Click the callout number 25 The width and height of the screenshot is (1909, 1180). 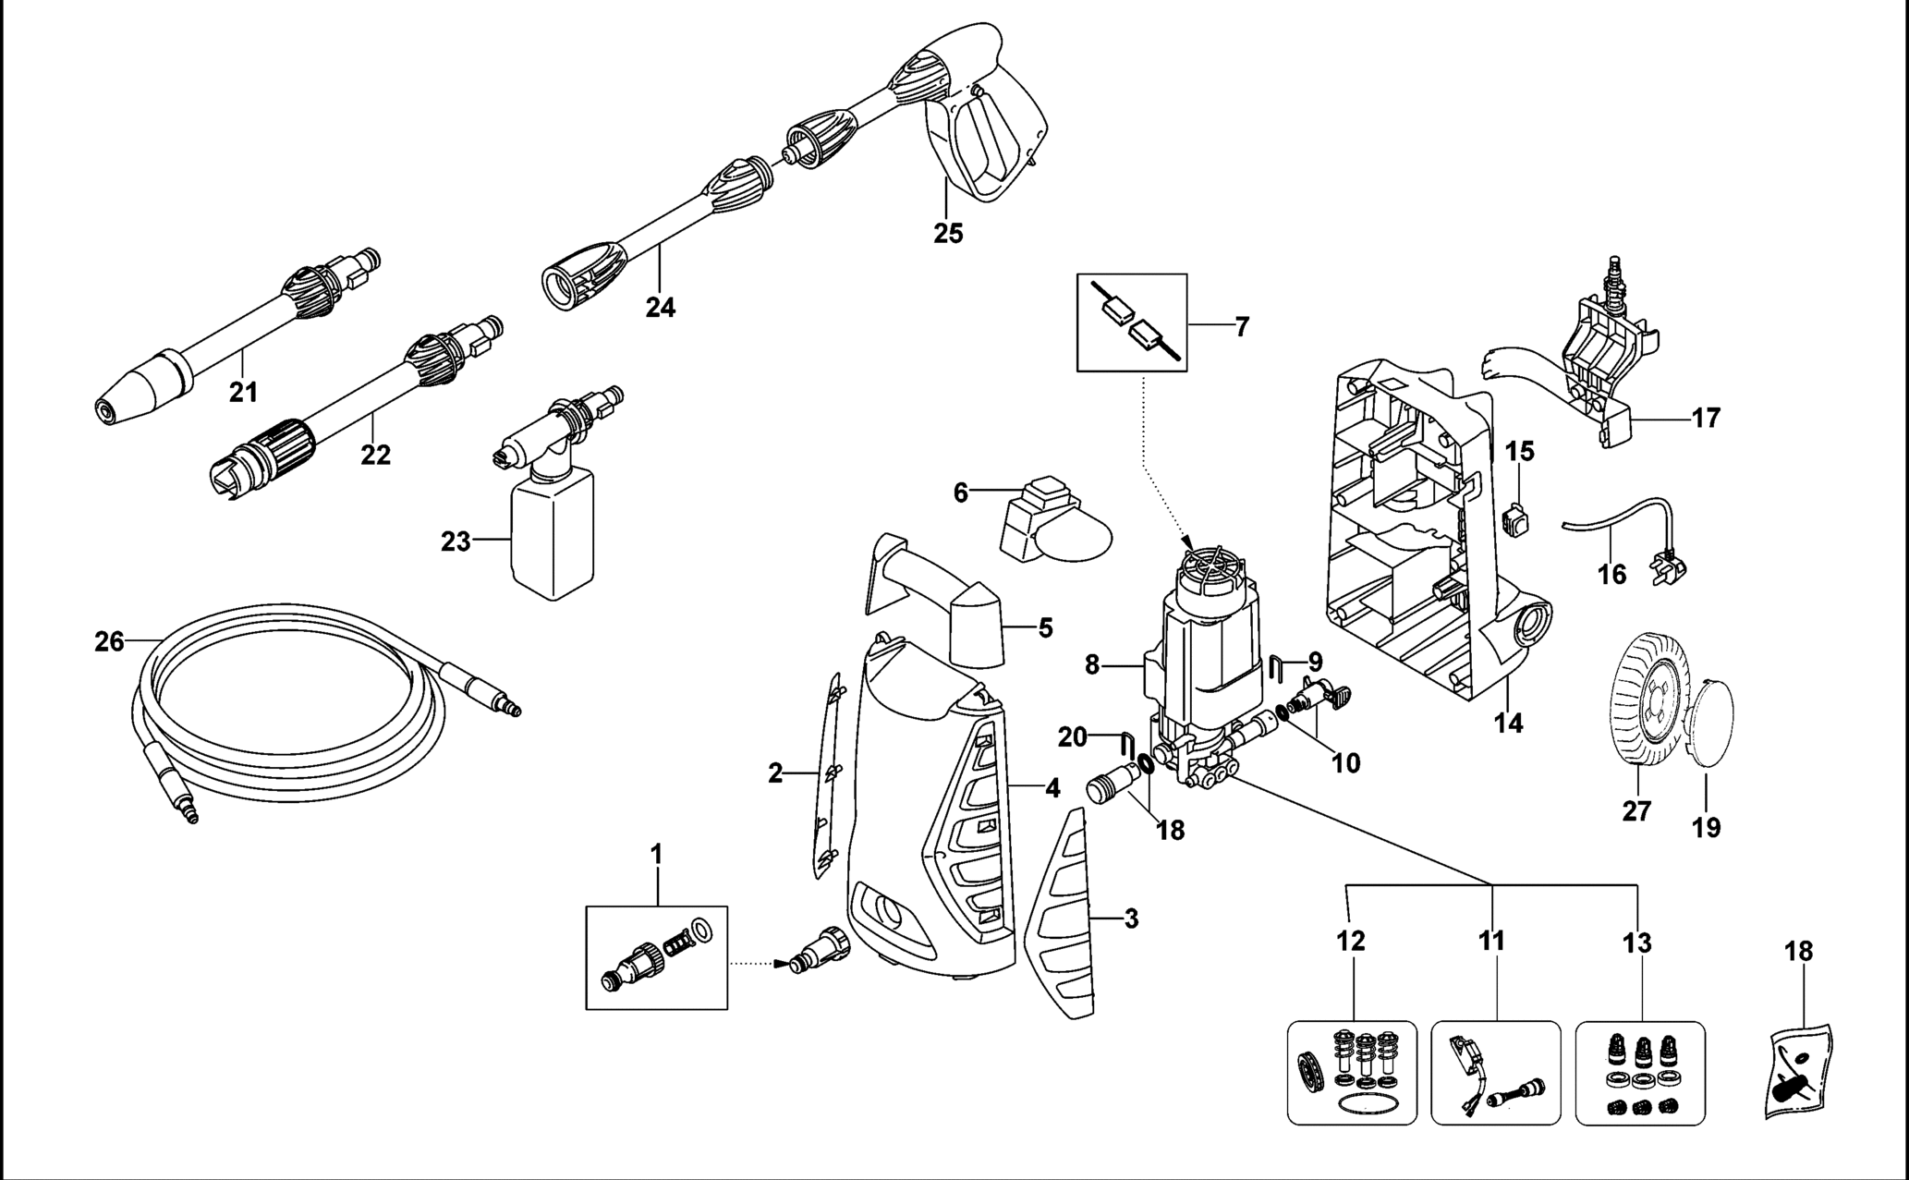947,233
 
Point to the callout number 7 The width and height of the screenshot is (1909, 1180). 1241,326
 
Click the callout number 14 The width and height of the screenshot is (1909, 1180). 1508,722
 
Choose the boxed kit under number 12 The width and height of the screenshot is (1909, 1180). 1351,1072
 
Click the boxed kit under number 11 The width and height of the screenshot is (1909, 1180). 1495,1072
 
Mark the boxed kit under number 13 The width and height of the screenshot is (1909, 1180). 1639,1072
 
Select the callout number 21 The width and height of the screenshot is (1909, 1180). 243,393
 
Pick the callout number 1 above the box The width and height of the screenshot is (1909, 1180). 656,855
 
